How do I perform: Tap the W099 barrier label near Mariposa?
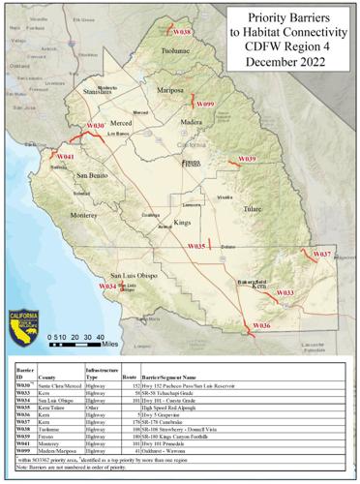(205, 104)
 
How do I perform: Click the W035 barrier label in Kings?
(196, 247)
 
